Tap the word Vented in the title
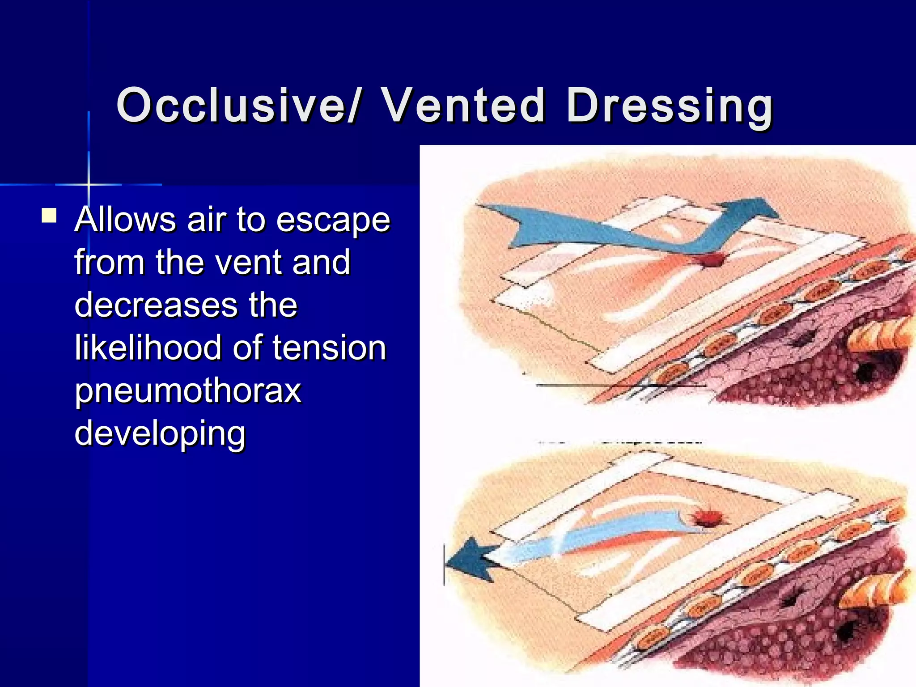(x=463, y=106)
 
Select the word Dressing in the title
(x=670, y=106)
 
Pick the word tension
(x=329, y=348)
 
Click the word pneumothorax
(x=188, y=391)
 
